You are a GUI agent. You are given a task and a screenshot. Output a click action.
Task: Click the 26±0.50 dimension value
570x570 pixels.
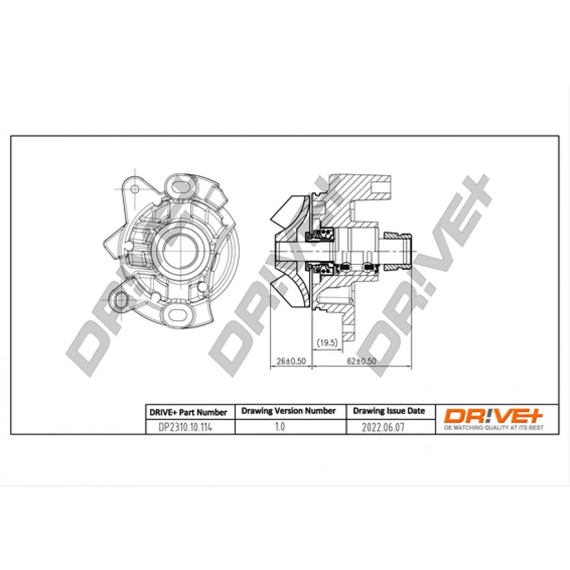click(x=291, y=361)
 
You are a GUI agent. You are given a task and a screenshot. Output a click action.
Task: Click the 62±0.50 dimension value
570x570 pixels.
click(x=361, y=361)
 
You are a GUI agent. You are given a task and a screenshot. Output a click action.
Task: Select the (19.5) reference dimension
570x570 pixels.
click(x=327, y=343)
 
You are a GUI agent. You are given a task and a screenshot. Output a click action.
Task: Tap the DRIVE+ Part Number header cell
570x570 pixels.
click(x=188, y=412)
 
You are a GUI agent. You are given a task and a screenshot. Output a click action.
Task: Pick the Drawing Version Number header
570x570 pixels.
click(x=289, y=410)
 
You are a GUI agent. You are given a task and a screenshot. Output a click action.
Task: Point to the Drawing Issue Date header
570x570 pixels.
click(x=389, y=411)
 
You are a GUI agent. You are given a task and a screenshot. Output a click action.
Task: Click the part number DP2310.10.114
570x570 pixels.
click(x=185, y=427)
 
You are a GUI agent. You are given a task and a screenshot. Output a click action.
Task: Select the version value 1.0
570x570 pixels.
click(x=279, y=427)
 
